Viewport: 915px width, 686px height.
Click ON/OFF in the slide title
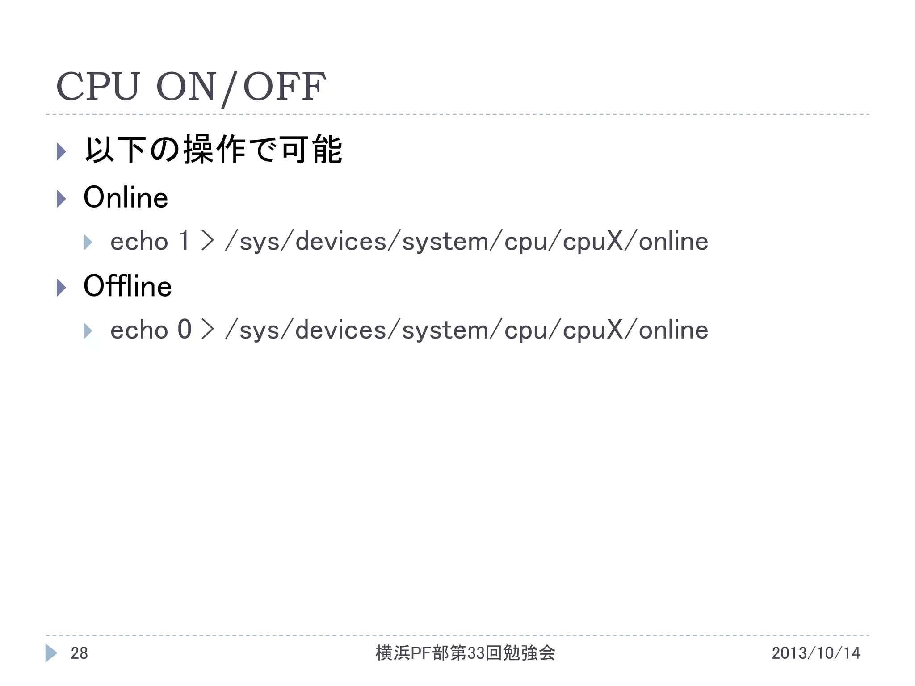coord(241,87)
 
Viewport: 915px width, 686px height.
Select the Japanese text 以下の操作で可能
coord(214,150)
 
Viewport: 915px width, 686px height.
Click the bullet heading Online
coord(126,197)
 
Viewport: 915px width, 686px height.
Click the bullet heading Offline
coord(127,286)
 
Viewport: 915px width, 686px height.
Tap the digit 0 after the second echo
coord(185,330)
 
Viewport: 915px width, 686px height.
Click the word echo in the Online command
coord(139,242)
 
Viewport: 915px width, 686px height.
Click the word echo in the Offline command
coord(139,330)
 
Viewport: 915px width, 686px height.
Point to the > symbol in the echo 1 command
coord(208,241)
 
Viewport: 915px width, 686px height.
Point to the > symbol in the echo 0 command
coord(208,330)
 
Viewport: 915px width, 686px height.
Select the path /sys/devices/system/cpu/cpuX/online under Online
coord(466,242)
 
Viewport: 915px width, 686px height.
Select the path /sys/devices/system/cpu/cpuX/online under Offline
coord(466,330)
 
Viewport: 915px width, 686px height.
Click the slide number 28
coord(80,653)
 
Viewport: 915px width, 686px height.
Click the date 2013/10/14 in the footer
coord(816,653)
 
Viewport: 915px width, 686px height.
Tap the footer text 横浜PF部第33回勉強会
coord(465,653)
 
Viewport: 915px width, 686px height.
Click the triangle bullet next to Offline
coord(62,287)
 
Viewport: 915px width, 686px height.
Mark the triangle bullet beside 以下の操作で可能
coord(62,151)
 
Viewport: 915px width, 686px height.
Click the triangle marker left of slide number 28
coord(51,653)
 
